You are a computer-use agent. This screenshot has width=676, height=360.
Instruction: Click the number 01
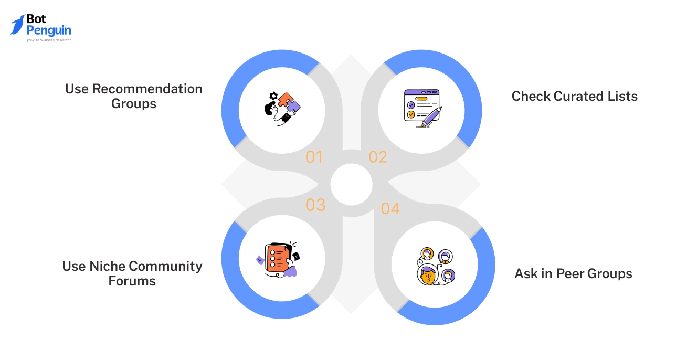[x=314, y=157]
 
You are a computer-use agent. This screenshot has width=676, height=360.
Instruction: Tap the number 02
[x=377, y=157]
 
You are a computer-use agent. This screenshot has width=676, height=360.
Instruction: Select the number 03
[x=315, y=205]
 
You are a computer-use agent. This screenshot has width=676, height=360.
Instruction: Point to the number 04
[x=390, y=208]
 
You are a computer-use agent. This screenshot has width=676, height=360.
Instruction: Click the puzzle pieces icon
[x=282, y=108]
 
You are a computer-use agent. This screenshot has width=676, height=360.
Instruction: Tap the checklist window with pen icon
[x=422, y=108]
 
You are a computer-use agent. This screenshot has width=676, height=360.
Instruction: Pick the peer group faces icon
[x=435, y=267]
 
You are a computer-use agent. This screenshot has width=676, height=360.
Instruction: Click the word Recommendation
[x=147, y=89]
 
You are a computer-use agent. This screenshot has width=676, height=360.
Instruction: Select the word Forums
[x=132, y=281]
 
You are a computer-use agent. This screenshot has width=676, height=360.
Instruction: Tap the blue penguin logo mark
[x=17, y=25]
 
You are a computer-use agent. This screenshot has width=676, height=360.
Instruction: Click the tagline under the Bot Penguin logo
[x=49, y=40]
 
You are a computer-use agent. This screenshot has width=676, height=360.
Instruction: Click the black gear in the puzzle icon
[x=273, y=96]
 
